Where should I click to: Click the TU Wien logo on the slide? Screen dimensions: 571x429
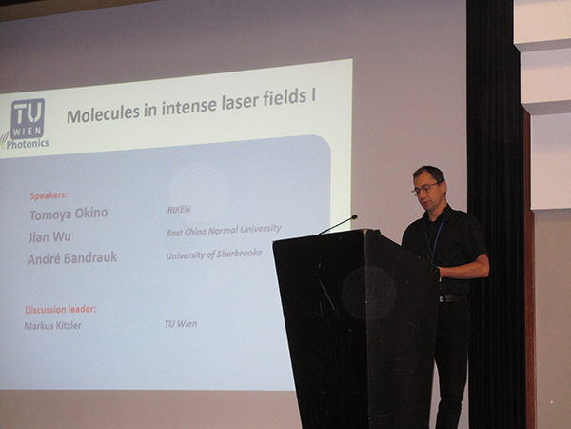28,118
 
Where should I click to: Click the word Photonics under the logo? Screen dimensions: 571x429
28,144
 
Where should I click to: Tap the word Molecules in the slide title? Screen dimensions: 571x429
103,113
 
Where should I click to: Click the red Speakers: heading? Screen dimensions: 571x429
49,195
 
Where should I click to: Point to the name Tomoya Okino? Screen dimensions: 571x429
69,214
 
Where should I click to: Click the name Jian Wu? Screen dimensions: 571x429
49,236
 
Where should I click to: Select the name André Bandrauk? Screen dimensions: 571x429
72,258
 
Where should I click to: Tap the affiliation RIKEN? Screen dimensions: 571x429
179,210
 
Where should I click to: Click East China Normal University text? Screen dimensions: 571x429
224,230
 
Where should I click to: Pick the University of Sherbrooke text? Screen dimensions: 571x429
214,254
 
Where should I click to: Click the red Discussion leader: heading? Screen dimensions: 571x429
61,309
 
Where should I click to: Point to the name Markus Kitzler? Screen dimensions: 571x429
52,325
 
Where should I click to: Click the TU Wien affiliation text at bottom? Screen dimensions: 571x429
181,324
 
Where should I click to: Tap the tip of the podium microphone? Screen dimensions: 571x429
354,217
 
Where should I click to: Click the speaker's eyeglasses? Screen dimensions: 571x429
424,189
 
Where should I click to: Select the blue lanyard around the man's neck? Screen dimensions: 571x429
435,237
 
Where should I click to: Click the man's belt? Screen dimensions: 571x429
452,297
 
